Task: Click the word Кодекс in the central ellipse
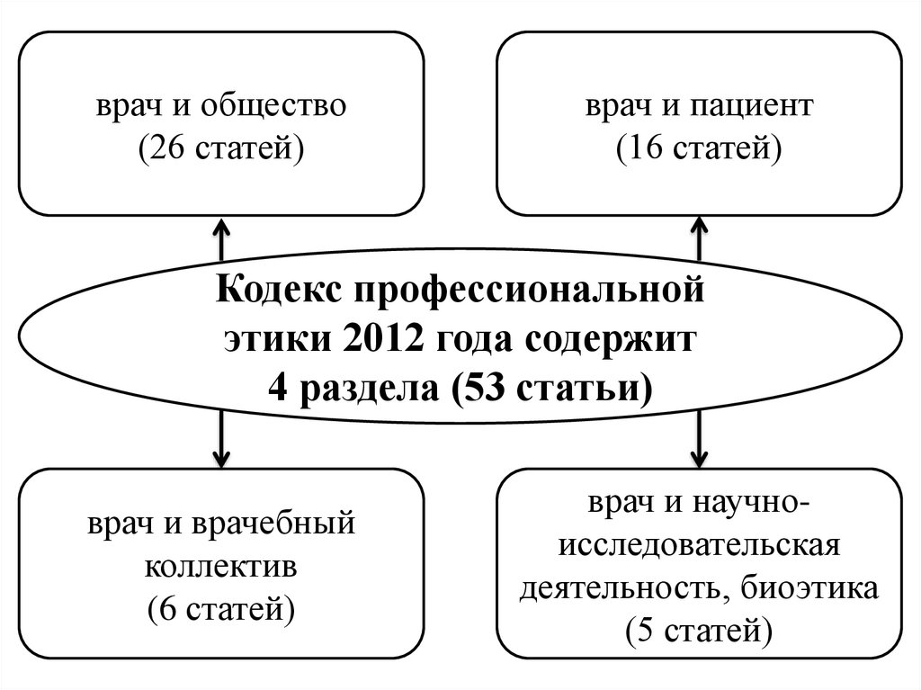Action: tap(275, 292)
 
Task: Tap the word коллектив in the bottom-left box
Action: tap(221, 568)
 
